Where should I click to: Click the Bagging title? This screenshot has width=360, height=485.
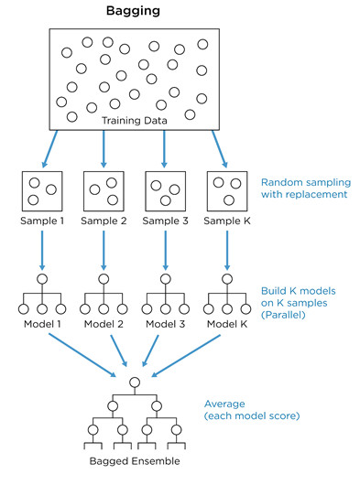pos(133,12)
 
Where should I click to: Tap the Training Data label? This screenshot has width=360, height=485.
pos(135,120)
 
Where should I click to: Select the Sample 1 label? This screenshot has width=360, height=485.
pos(42,221)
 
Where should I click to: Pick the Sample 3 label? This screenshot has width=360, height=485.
pos(165,221)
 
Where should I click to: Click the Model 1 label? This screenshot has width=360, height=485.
pos(42,324)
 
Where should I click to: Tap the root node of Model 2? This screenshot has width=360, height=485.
pos(104,279)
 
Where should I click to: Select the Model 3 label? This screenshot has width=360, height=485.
pos(165,324)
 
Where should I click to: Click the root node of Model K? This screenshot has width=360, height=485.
pos(227,279)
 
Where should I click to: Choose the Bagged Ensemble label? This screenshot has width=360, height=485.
pos(135,461)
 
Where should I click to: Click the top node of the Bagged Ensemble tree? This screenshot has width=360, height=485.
pos(135,383)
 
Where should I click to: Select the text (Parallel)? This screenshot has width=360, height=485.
pos(283,315)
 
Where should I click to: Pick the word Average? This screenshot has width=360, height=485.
pos(224,404)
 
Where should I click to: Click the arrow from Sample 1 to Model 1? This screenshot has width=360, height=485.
pos(42,250)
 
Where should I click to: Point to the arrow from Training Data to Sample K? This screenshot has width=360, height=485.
pos(220,149)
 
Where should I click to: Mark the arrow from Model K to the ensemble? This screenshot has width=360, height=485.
pos(186,356)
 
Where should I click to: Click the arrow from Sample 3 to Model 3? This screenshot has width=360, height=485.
pos(165,250)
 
